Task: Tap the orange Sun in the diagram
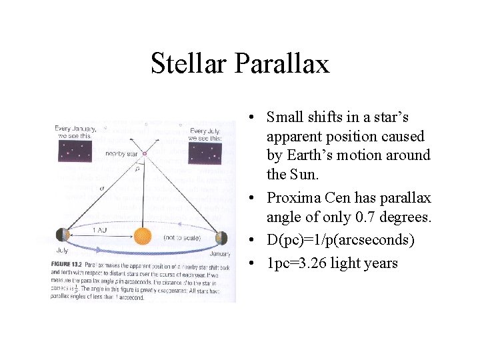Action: click(x=142, y=235)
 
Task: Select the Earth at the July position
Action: click(x=62, y=235)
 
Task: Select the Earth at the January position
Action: click(x=221, y=237)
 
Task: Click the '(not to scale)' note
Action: click(x=178, y=237)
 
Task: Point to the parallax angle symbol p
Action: click(x=136, y=169)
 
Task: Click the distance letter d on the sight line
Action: click(x=102, y=189)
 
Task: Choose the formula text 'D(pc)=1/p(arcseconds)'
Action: click(x=341, y=240)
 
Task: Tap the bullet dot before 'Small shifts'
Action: click(x=247, y=118)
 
